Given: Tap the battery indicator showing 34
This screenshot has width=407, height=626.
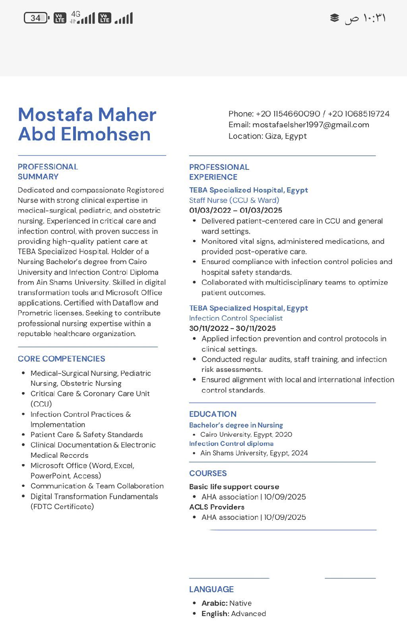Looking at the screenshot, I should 36,18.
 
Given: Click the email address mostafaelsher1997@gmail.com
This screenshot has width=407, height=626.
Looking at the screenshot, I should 310,125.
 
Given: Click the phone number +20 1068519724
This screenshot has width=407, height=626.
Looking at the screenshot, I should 359,114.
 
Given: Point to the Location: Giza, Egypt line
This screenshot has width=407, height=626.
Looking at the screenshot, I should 267,136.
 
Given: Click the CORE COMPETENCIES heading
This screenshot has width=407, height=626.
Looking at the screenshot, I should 61,359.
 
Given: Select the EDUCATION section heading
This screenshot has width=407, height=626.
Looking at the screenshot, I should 213,414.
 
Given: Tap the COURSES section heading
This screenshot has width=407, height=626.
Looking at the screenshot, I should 208,473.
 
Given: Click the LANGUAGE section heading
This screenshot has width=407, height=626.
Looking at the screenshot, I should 211,589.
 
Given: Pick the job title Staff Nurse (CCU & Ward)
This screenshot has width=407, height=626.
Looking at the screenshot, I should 234,200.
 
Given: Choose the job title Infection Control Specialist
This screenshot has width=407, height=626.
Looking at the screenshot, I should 236,318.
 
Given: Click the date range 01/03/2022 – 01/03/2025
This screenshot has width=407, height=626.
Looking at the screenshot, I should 236,210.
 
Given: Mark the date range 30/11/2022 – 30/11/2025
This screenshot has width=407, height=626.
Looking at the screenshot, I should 233,329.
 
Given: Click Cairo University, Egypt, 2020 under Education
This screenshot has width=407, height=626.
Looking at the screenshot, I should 246,434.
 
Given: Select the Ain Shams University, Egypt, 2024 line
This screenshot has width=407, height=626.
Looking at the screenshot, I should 254,453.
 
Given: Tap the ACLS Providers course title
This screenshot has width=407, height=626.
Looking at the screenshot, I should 217,507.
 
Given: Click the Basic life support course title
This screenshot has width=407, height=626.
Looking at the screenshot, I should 234,487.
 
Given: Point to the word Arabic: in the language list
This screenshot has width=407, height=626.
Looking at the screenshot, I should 214,603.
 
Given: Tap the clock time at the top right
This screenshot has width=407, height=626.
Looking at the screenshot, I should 365,18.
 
